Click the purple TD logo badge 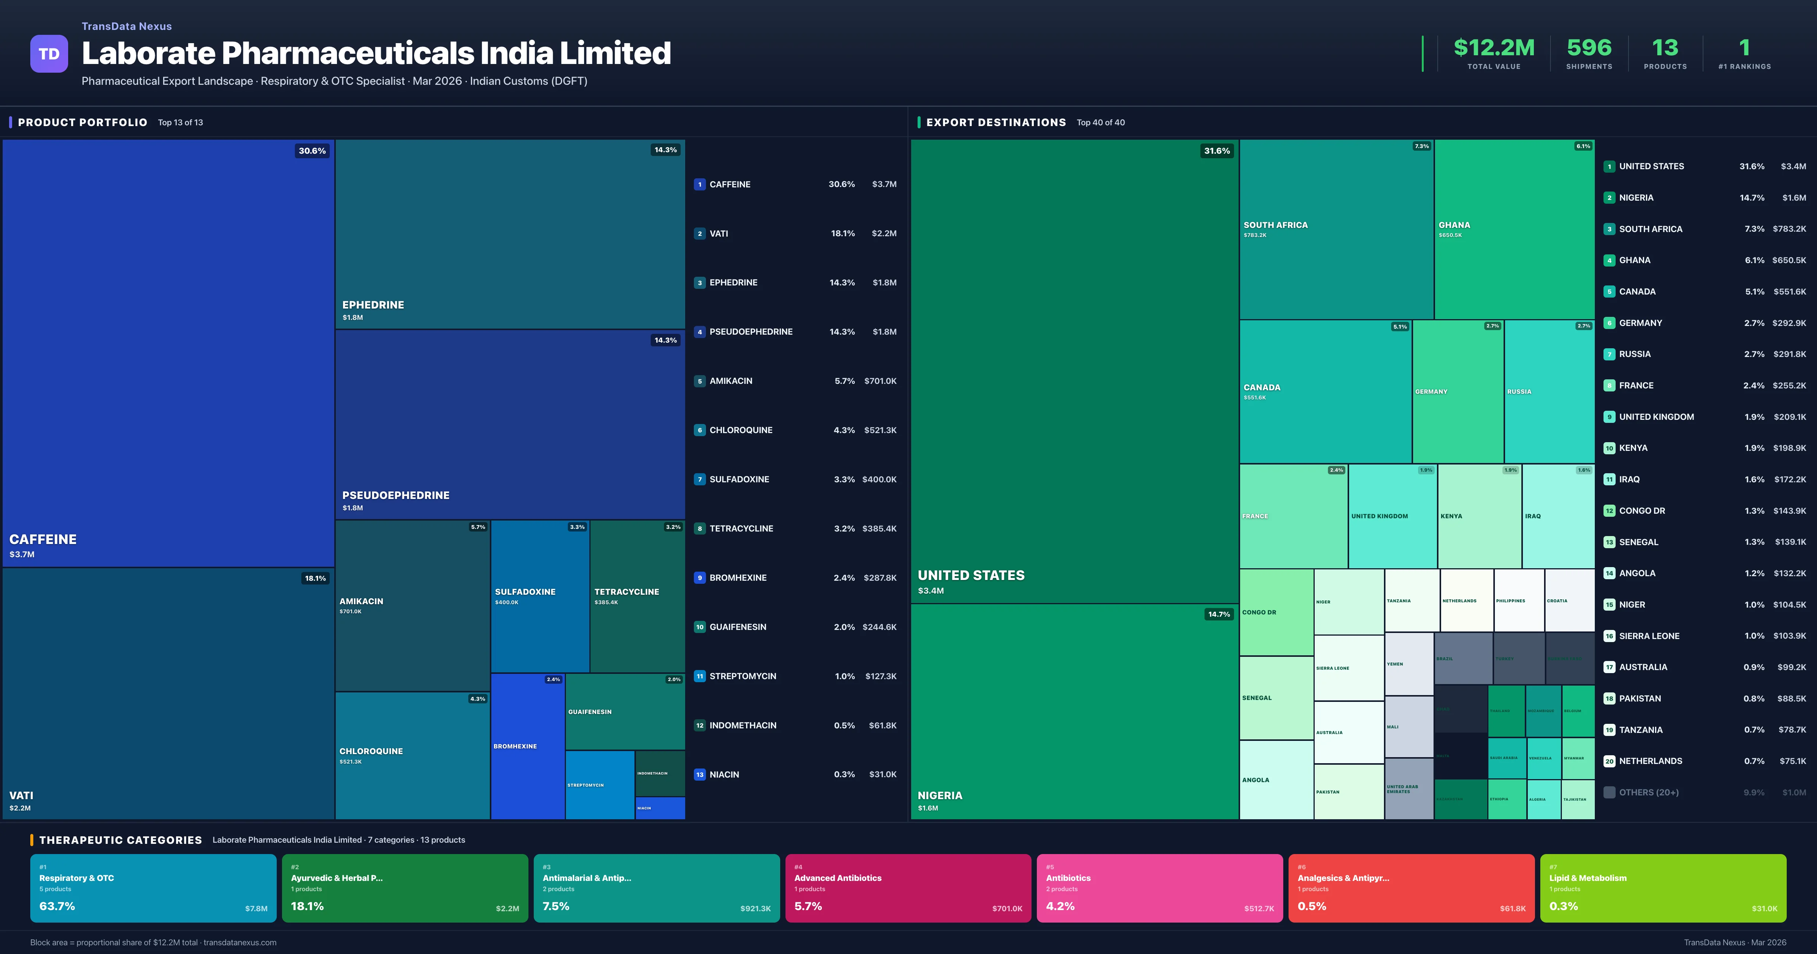(49, 54)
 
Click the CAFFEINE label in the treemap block (43, 539)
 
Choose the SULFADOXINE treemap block (539, 596)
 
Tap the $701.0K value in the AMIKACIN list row (880, 381)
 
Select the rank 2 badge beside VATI (699, 234)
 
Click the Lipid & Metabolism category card (1663, 888)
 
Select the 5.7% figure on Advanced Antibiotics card (808, 906)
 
